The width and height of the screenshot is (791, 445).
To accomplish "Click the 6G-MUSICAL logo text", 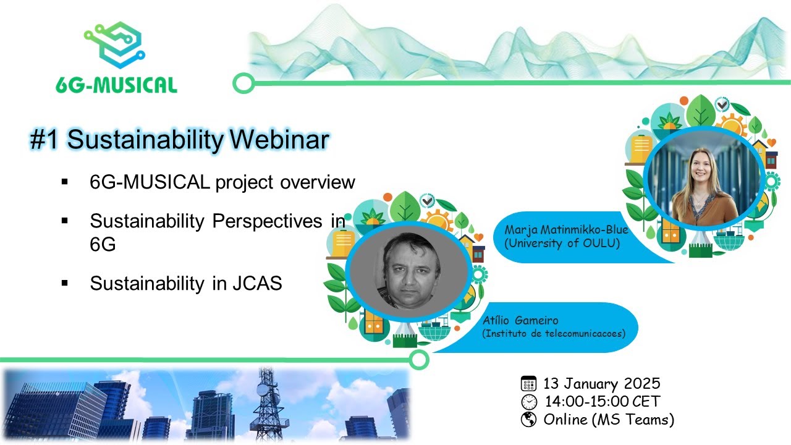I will [x=116, y=84].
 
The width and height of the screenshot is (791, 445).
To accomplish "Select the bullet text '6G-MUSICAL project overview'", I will [x=222, y=182].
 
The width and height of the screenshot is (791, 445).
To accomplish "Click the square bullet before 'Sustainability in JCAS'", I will [x=65, y=283].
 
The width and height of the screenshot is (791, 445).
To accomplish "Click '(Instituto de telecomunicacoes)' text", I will [x=554, y=333].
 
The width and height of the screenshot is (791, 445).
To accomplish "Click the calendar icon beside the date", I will [x=528, y=383].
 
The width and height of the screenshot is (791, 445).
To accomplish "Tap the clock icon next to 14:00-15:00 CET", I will [x=528, y=402].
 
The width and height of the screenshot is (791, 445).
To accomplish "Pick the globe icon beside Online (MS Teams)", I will [x=528, y=420].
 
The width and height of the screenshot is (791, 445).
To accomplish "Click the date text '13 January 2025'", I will [x=602, y=383].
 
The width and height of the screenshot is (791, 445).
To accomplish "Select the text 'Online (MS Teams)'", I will [x=609, y=420].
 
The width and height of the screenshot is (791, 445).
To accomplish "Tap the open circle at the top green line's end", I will [x=243, y=83].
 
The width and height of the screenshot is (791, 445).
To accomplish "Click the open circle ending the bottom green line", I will [x=420, y=359].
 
